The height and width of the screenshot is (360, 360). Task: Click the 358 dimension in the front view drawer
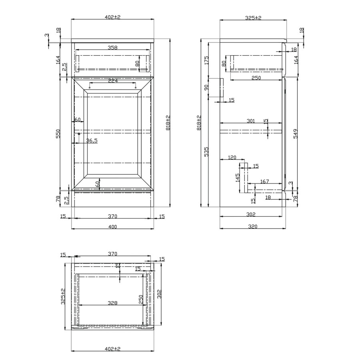112,48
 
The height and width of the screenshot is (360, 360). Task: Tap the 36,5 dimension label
92,140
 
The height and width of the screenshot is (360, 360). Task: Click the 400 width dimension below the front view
112,227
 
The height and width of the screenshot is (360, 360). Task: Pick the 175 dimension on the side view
207,60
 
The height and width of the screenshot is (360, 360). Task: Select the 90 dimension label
207,87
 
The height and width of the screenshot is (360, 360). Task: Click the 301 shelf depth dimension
251,120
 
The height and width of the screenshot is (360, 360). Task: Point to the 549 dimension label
296,133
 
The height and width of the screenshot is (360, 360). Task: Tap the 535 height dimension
207,152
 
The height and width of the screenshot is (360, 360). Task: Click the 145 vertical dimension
238,177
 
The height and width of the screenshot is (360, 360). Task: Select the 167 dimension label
264,182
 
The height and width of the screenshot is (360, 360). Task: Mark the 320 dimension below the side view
252,226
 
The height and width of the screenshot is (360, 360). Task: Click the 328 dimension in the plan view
112,303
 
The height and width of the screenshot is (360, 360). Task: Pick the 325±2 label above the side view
253,18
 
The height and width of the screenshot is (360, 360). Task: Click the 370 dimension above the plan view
112,254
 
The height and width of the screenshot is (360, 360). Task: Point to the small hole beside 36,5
79,134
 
